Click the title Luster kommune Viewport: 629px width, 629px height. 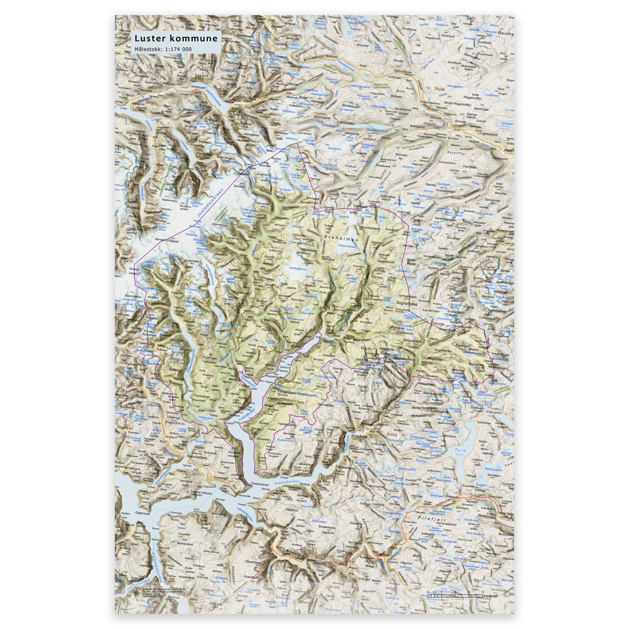point(176,38)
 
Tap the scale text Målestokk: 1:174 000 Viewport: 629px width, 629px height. point(163,49)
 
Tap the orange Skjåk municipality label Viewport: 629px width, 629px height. point(440,88)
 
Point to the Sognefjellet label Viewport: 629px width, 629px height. point(407,303)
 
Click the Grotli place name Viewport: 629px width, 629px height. point(363,66)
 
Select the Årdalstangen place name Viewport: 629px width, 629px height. point(345,467)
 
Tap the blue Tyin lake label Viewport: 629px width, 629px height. point(460,450)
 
